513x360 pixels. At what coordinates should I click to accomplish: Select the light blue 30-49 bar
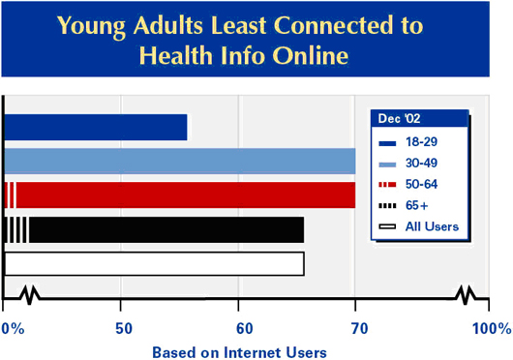(179, 161)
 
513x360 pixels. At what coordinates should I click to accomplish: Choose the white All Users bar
(154, 263)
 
